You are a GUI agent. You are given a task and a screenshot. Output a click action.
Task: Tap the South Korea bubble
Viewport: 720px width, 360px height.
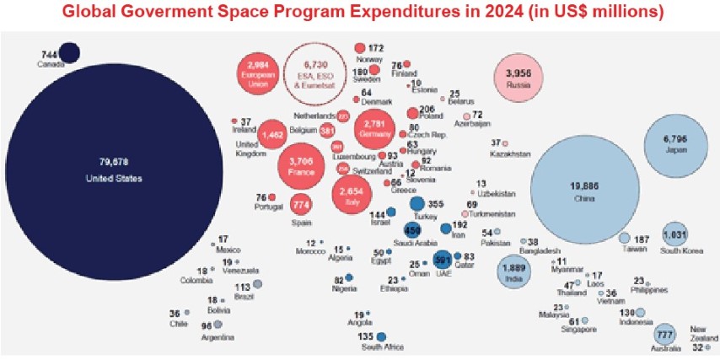[676, 234]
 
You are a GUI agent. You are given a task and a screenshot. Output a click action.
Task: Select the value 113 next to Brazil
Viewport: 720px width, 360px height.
[241, 287]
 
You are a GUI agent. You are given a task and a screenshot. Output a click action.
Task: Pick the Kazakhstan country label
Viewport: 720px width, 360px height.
[511, 154]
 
